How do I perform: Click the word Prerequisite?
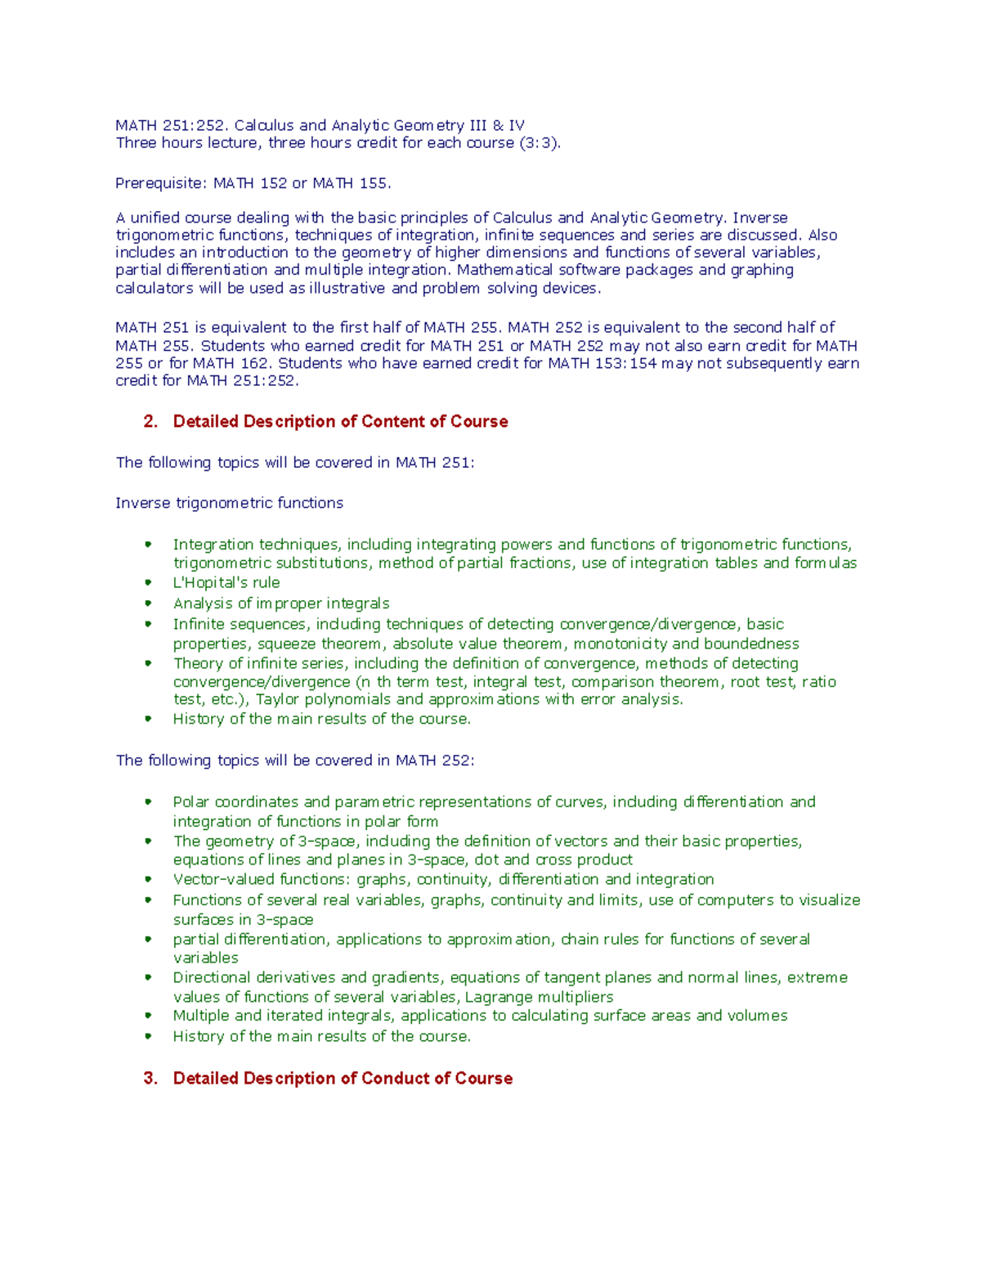tap(161, 183)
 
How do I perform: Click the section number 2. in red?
tap(150, 422)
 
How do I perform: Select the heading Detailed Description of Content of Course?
tap(340, 422)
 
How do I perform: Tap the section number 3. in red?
tap(150, 1079)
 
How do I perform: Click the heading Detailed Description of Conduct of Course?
tap(343, 1079)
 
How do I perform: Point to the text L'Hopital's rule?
tap(226, 582)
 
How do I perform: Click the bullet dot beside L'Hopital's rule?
tap(148, 582)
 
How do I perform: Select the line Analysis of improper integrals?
tap(281, 604)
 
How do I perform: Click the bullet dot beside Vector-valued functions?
tap(148, 879)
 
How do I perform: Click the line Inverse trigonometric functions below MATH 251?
tap(229, 503)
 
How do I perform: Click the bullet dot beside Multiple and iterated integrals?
tap(148, 1016)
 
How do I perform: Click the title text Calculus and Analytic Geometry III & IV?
tap(379, 125)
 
